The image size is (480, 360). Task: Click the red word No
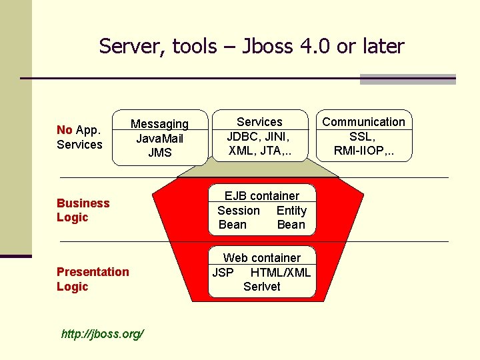click(65, 130)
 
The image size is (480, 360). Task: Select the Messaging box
click(160, 137)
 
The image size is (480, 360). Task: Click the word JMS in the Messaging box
click(160, 153)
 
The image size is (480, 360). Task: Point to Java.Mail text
click(160, 139)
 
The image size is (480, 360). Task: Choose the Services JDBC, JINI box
click(259, 136)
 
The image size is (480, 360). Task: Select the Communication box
click(363, 136)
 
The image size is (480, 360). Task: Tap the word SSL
click(363, 137)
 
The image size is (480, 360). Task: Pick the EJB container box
click(261, 210)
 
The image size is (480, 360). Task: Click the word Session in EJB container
click(239, 211)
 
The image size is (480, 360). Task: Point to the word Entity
click(291, 211)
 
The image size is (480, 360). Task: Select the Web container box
click(261, 272)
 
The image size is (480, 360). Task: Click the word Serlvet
click(261, 287)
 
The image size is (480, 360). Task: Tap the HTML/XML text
click(280, 272)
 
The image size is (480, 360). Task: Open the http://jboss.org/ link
click(102, 333)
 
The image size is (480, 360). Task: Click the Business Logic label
click(83, 210)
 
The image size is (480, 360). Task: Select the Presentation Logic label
click(93, 279)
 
